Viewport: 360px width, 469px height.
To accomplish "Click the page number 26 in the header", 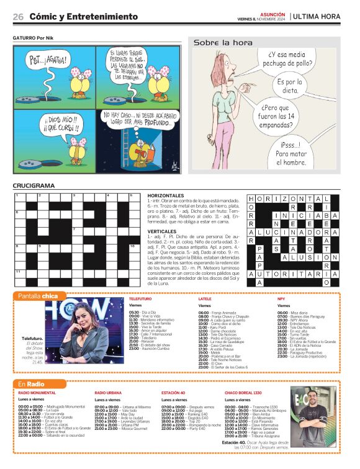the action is point(18,17).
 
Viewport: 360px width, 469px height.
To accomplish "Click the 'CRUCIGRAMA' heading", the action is point(34,185).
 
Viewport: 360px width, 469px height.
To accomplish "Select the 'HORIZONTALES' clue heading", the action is point(167,195).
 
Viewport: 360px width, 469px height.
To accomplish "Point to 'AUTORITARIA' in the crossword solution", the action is point(289,274).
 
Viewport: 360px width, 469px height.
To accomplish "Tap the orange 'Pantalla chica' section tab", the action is point(38,295).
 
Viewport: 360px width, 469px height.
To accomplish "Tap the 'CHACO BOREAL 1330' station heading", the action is point(246,393).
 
